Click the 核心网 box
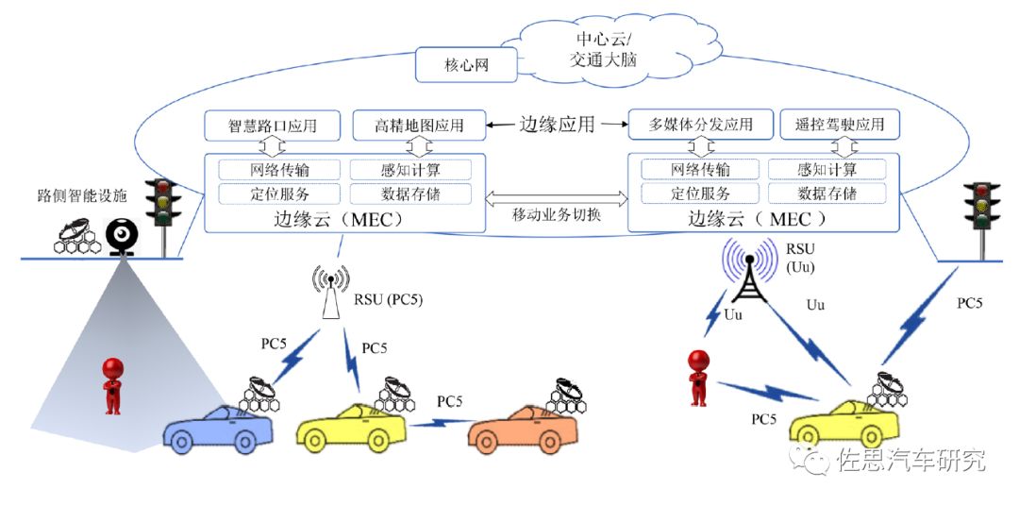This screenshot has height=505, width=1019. pyautogui.click(x=467, y=67)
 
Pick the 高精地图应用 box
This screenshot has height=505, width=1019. pyautogui.click(x=419, y=125)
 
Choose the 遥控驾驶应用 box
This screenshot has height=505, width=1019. pyautogui.click(x=840, y=125)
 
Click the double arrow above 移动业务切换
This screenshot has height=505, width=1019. pyautogui.click(x=558, y=197)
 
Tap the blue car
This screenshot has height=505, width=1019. pyautogui.click(x=219, y=429)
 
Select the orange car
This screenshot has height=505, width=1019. pyautogui.click(x=523, y=429)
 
